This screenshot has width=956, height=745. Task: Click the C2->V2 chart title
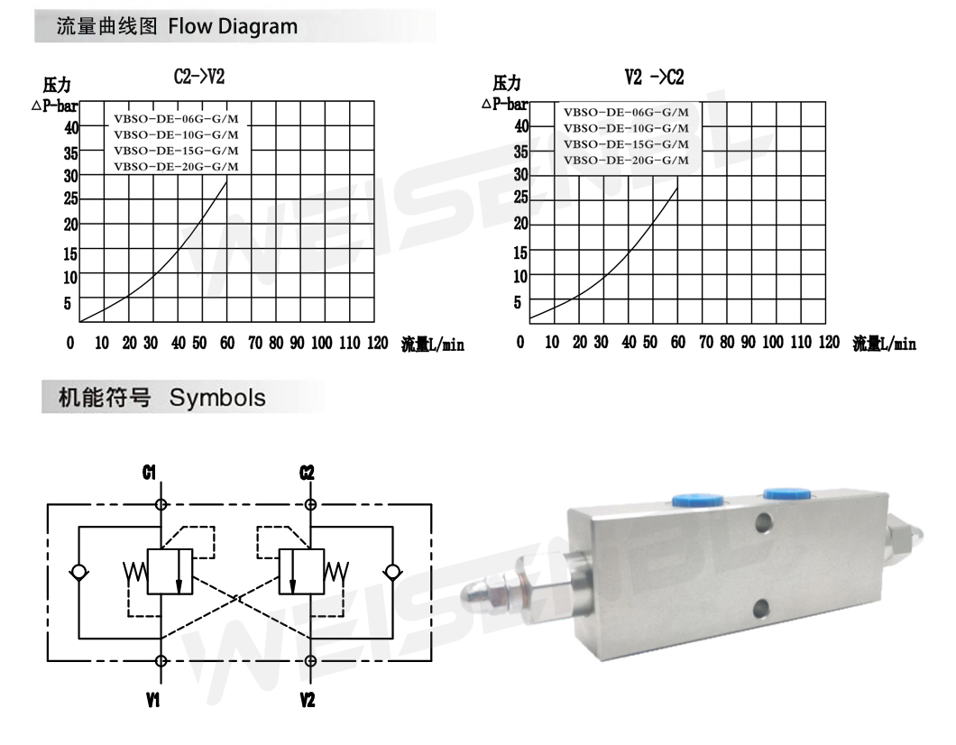(x=199, y=77)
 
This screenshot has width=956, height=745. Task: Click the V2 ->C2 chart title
(x=654, y=78)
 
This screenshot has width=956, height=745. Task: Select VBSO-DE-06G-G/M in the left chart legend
(x=176, y=119)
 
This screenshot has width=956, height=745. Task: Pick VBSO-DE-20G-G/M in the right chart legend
(x=626, y=161)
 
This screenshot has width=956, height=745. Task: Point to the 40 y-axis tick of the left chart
(x=71, y=128)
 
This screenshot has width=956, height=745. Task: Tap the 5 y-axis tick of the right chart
(x=518, y=302)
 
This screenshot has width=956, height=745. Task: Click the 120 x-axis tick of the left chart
(x=377, y=343)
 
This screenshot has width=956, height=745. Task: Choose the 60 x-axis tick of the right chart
(x=678, y=342)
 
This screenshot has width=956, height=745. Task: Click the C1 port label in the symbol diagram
(x=150, y=473)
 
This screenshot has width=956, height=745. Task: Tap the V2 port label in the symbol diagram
(x=308, y=700)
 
